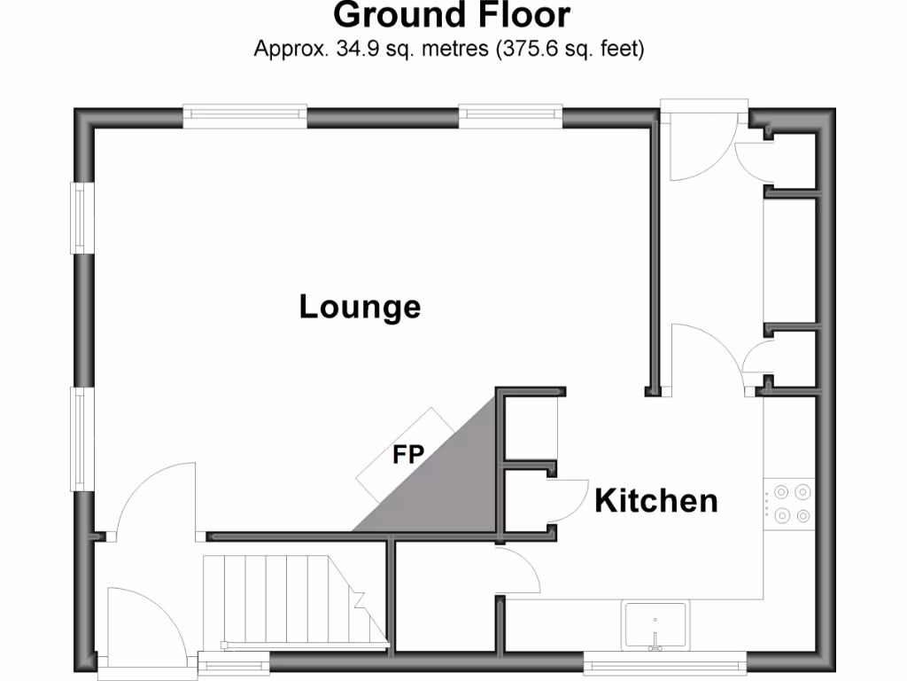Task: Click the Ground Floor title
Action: [x=452, y=16]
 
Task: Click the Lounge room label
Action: [x=360, y=308]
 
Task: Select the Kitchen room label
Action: [x=655, y=501]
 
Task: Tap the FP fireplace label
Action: [x=408, y=456]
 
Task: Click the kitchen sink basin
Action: [x=655, y=623]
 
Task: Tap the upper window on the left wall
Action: [x=81, y=218]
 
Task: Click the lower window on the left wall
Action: [x=81, y=441]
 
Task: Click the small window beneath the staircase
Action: [x=234, y=660]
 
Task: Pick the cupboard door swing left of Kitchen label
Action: [x=567, y=501]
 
